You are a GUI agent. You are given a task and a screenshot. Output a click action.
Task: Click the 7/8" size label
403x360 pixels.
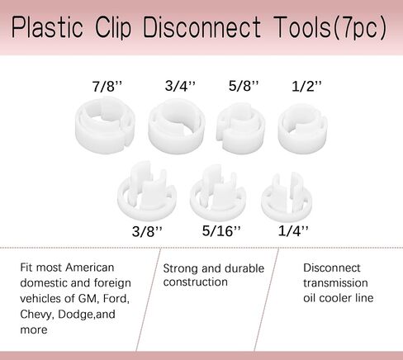107,87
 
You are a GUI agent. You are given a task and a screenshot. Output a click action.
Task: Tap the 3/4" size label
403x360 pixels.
180,86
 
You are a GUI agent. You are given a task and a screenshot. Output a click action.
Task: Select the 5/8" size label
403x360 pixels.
244,86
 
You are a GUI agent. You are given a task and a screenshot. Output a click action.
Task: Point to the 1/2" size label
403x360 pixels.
306,86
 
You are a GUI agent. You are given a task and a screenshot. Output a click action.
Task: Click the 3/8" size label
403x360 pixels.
147,231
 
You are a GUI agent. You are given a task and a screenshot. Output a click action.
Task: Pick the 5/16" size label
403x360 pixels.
221,230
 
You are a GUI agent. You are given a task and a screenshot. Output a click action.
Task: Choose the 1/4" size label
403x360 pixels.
293,230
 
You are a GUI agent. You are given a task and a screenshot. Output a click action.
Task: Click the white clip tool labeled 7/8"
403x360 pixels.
105,137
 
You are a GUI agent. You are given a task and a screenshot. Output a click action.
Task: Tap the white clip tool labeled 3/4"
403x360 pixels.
177,138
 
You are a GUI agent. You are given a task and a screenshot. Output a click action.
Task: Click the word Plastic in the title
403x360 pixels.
47,27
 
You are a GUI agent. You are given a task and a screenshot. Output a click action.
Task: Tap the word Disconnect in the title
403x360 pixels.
201,27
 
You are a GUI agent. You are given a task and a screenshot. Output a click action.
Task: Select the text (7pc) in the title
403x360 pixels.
360,27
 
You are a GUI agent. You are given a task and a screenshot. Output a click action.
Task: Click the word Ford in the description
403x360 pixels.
116,299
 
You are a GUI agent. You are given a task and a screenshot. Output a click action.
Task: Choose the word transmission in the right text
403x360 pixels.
335,283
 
